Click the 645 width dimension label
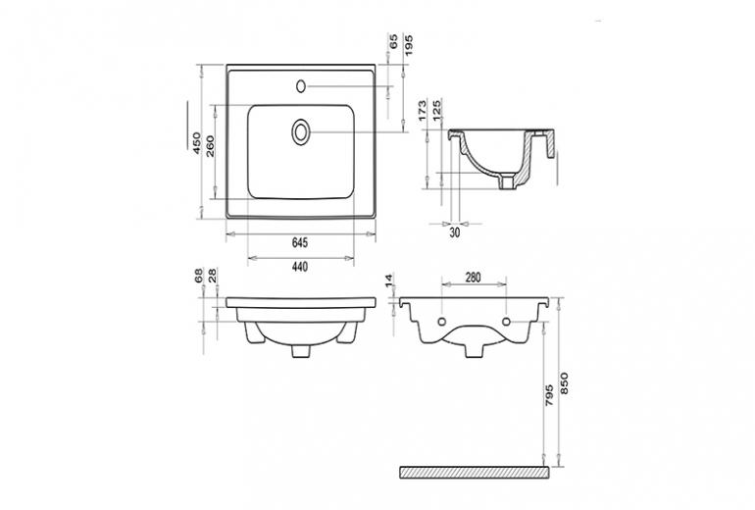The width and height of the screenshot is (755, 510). tap(299, 242)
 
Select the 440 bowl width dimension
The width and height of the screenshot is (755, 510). tap(299, 267)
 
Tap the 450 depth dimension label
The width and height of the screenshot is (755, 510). tap(196, 143)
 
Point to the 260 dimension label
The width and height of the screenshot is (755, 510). tap(210, 146)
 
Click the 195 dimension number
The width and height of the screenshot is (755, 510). tap(409, 45)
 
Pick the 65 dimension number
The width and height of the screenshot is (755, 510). tap(393, 41)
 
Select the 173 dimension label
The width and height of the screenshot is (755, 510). tap(423, 111)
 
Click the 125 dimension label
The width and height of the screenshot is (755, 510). tap(436, 111)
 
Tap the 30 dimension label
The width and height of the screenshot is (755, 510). tap(455, 232)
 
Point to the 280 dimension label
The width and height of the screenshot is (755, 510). tap(473, 278)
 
